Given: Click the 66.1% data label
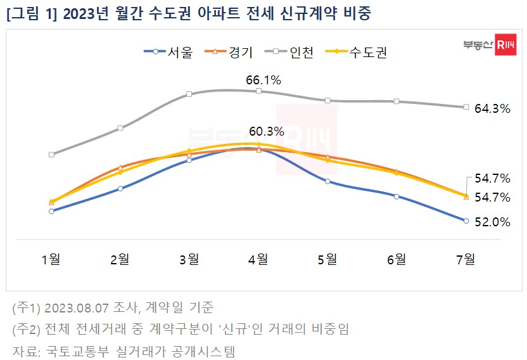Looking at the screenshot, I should click(263, 80).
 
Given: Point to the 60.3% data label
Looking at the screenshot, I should click(266, 132).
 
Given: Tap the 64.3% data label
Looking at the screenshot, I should click(492, 108).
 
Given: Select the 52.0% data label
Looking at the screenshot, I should click(492, 222).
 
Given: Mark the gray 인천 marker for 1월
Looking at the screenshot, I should click(51, 154).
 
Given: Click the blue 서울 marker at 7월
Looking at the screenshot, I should click(466, 221).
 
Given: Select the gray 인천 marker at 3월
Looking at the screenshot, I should click(189, 94).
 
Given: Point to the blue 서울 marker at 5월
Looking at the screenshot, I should click(327, 181).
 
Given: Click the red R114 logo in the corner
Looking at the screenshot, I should click(505, 45).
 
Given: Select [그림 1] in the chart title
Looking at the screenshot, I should click(31, 13).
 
